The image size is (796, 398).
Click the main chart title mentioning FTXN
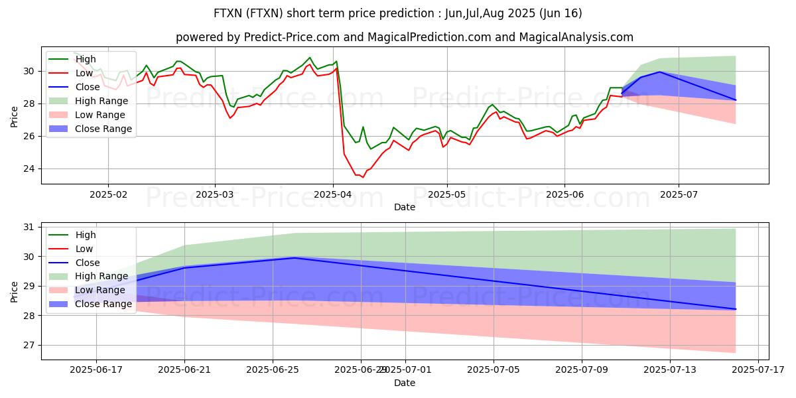(398, 13)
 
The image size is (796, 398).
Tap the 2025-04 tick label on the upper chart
(333, 194)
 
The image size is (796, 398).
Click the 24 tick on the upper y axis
(30, 168)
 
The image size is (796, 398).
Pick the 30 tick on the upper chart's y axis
(30, 71)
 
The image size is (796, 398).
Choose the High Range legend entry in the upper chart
(101, 101)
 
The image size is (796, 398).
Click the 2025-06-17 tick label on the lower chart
(97, 370)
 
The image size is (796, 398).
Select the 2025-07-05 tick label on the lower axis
(494, 370)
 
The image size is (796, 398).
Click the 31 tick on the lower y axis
(30, 227)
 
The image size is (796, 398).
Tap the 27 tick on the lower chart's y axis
(30, 346)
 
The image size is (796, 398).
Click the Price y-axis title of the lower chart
(15, 291)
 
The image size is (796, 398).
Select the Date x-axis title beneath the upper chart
(405, 207)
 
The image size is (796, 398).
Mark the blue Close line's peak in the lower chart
(295, 257)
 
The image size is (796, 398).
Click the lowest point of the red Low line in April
(362, 177)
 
